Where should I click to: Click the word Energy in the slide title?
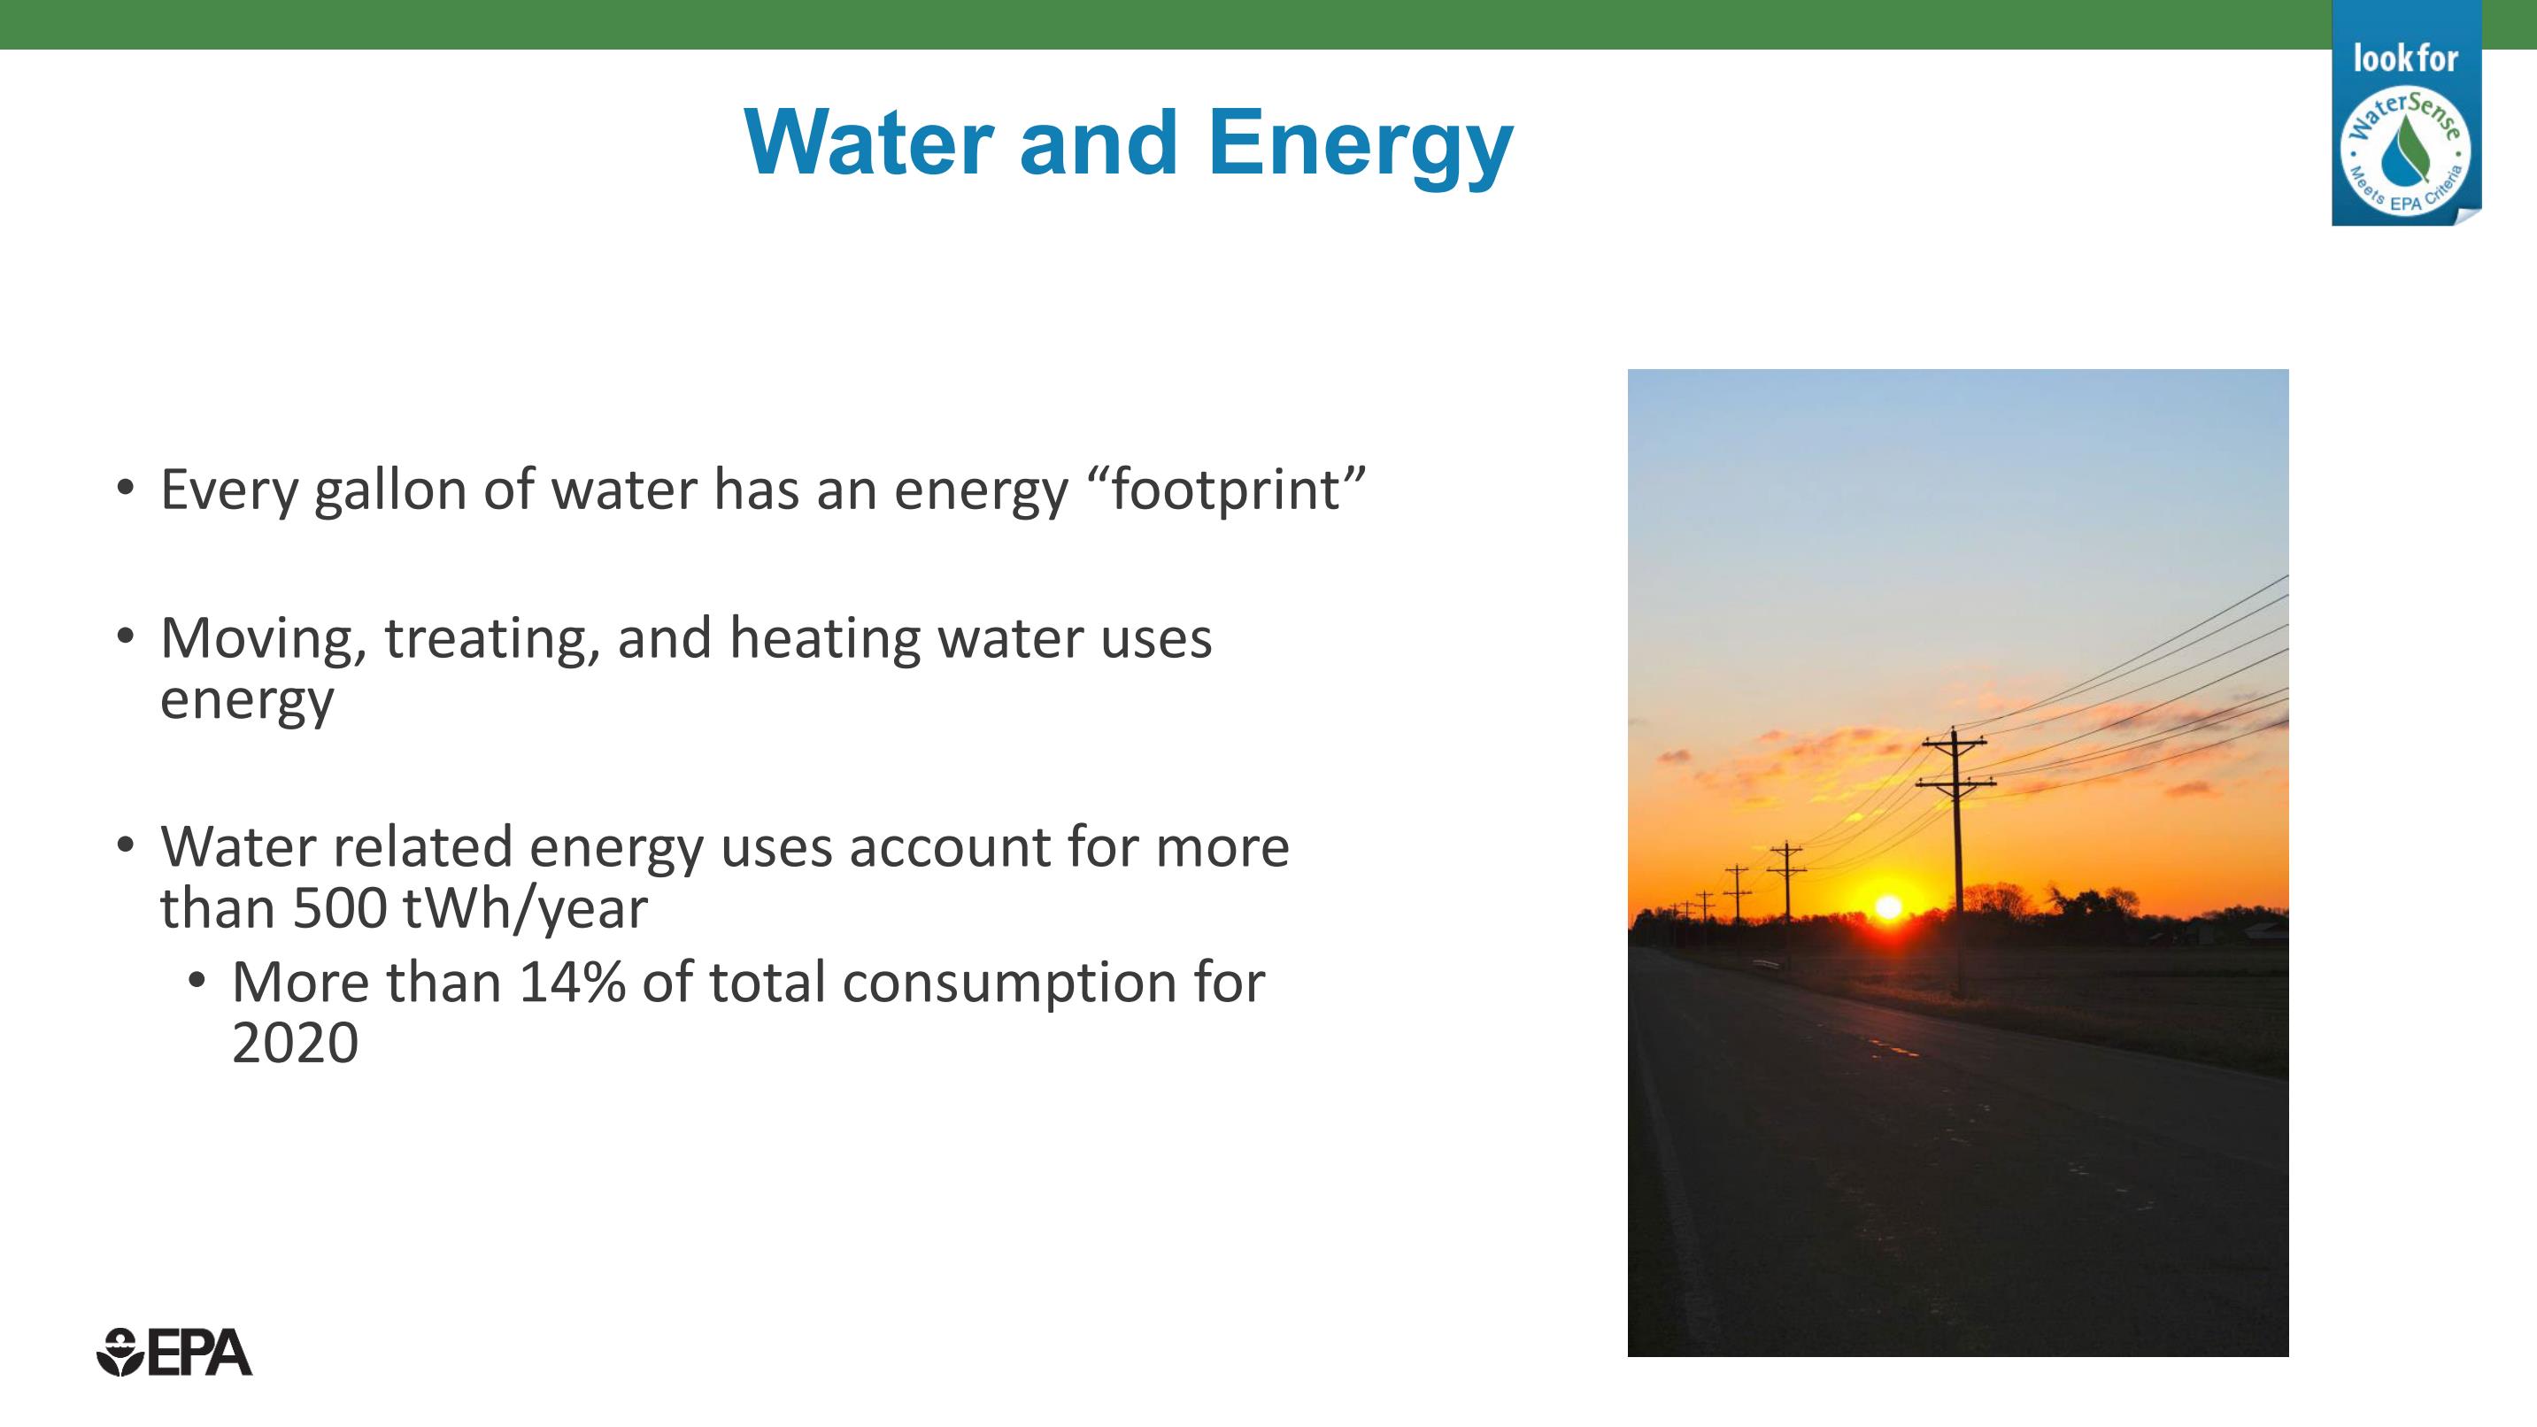click(1360, 147)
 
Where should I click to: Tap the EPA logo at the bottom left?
click(174, 1352)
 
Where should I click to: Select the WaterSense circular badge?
click(2405, 150)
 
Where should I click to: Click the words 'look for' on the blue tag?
click(2405, 58)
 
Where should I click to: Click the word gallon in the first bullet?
click(390, 491)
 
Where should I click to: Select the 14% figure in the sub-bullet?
click(572, 983)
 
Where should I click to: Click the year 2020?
click(295, 1043)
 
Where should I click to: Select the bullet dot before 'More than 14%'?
click(197, 980)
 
